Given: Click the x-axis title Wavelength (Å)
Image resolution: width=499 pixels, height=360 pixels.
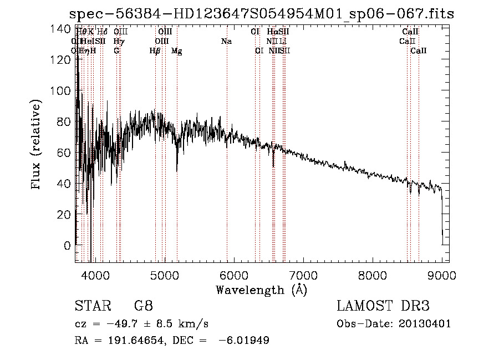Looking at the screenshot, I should point(261,290).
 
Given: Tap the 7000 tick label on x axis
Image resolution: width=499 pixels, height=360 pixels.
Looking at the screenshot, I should point(303,274).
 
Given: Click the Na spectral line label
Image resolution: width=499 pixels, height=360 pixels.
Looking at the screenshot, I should point(226,42).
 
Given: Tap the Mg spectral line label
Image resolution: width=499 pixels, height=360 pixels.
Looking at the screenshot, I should point(177,51).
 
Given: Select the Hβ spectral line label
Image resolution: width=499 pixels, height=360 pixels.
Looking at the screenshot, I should point(155,51).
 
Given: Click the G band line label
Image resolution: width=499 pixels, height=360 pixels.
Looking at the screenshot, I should point(116,51).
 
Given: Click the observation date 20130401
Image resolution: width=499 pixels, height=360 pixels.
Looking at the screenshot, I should point(426,324).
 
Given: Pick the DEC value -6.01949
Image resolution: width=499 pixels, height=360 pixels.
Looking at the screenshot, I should point(244,341).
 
